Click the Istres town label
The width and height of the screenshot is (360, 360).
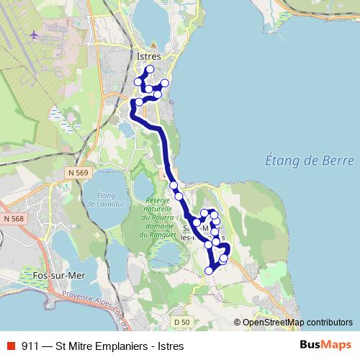[x=148, y=55]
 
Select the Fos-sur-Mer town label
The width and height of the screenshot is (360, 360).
[x=54, y=275]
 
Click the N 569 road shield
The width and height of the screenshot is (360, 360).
[x=79, y=174]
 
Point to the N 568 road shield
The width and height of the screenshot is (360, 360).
[x=13, y=219]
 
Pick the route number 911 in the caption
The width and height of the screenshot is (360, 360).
[x=31, y=346]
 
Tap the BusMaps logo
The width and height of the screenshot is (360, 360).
[x=325, y=345]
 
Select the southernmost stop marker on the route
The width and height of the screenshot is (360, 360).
[x=210, y=271]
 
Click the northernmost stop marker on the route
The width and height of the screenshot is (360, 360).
[x=150, y=70]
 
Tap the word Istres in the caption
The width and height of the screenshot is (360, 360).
[x=170, y=346]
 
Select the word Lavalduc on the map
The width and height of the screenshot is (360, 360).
[x=102, y=204]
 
